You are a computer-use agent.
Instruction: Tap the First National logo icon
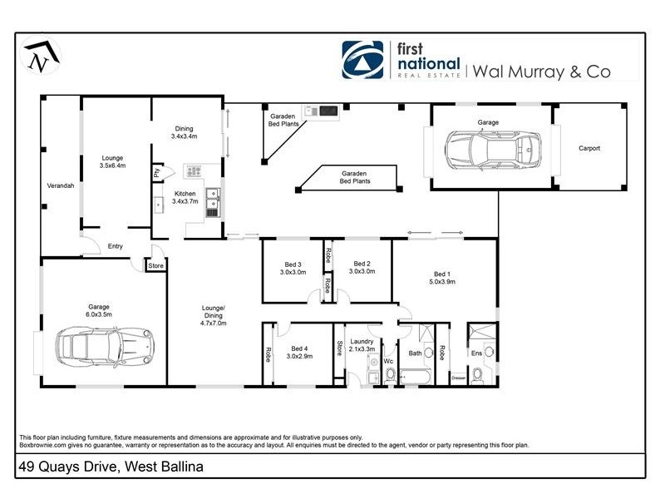363,59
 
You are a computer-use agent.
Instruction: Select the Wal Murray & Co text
541,71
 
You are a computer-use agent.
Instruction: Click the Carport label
589,149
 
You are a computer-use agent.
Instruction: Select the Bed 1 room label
442,274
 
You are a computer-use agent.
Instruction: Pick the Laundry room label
361,341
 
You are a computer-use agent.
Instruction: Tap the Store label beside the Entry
155,266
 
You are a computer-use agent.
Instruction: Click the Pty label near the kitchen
156,173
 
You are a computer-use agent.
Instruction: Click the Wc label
387,361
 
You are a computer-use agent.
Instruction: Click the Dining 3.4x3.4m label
184,132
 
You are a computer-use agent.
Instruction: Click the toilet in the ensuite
477,375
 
